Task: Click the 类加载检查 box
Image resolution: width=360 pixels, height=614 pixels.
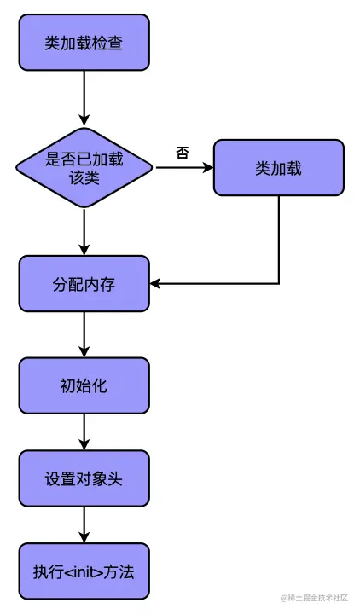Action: [x=84, y=42]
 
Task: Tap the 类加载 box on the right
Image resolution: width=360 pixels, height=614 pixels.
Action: [x=278, y=167]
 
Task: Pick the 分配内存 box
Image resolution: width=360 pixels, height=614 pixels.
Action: [x=84, y=283]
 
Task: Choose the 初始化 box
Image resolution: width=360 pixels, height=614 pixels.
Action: [x=84, y=385]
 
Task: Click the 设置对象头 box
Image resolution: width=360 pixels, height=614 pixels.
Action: [x=84, y=478]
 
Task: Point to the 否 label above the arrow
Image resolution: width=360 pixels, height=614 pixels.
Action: [x=182, y=153]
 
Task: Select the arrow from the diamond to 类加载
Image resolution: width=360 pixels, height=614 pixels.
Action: [x=183, y=168]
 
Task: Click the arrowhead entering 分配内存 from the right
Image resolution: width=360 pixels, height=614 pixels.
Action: [x=156, y=283]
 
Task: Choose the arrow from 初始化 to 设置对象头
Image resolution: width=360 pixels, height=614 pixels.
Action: [x=84, y=432]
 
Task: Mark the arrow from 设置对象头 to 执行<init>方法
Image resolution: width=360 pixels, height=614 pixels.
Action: [x=84, y=525]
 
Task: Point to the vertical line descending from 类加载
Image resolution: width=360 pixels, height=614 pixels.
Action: [x=279, y=239]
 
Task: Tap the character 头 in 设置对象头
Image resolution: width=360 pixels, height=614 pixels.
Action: [x=115, y=478]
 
